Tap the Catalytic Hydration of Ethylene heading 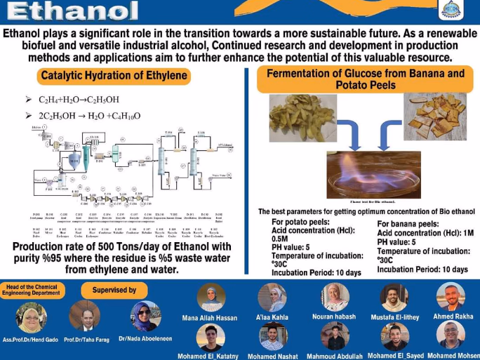(x=114, y=76)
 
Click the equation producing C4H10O (x=89, y=115)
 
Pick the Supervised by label (x=114, y=290)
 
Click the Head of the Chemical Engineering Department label (x=33, y=289)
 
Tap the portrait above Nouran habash (x=334, y=298)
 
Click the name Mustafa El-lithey (x=394, y=317)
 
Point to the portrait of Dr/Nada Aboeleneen (x=145, y=316)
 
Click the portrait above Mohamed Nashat (x=273, y=336)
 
